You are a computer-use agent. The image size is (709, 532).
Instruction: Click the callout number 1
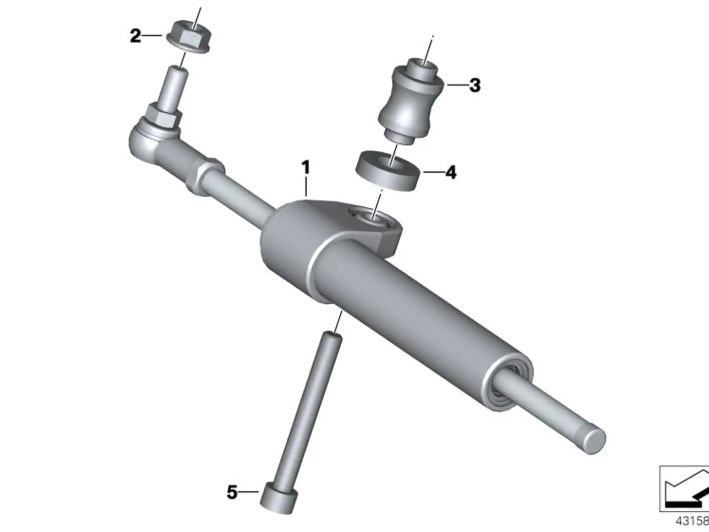pos(305,167)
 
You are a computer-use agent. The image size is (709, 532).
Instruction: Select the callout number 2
pos(136,36)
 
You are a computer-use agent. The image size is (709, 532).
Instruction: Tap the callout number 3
pos(475,85)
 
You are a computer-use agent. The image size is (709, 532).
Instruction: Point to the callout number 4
pos(451,172)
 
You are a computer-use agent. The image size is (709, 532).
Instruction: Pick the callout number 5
pos(232,492)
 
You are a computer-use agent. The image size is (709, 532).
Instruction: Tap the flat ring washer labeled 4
pos(388,171)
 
